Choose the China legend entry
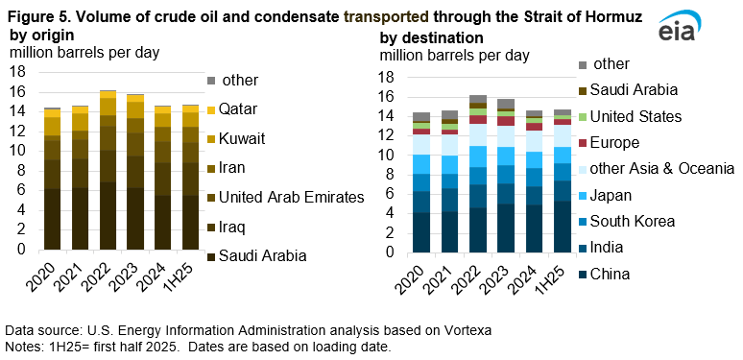[x=609, y=274]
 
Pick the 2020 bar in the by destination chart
[x=421, y=182]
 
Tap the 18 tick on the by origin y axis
[x=18, y=71]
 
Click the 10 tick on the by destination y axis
[x=387, y=155]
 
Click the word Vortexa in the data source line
[x=464, y=329]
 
